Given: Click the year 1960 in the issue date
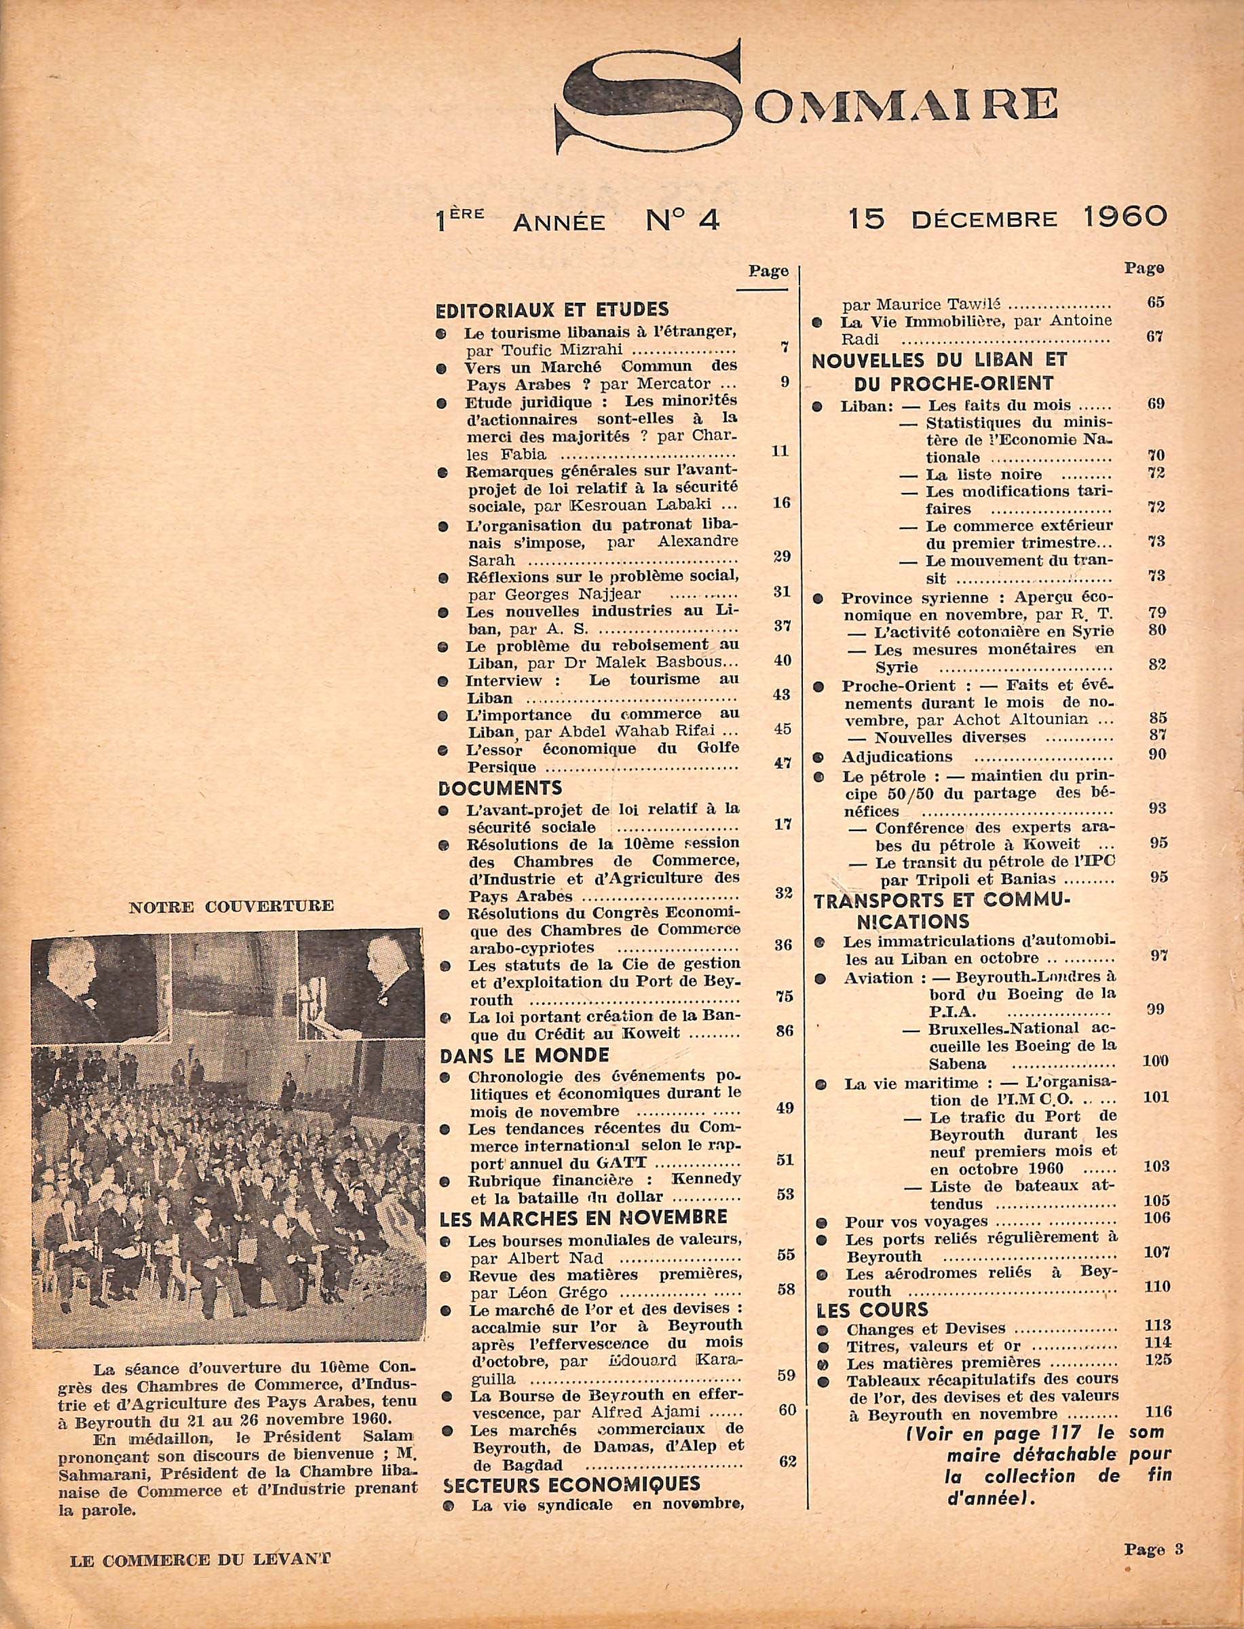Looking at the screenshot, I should click(1124, 218).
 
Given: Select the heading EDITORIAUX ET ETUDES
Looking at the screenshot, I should click(552, 309).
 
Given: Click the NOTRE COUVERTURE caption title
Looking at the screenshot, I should click(231, 905).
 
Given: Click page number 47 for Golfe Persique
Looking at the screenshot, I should click(782, 764).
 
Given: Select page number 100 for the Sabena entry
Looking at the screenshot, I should click(1154, 1061).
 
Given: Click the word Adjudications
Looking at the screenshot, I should click(896, 757).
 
